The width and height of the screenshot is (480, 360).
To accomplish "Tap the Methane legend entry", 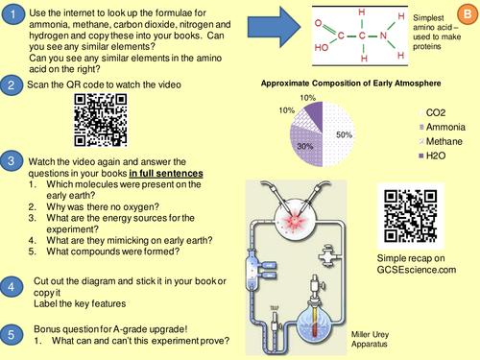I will coord(441,141).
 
